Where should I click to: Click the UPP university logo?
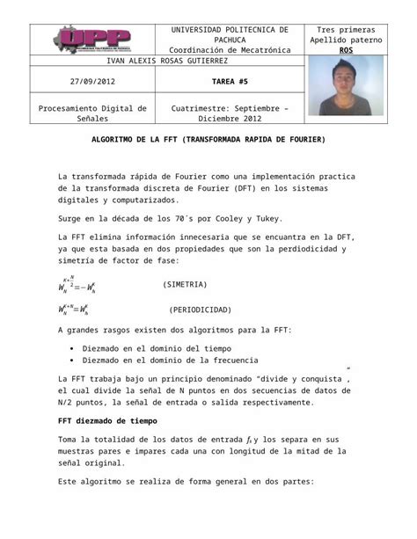point(93,40)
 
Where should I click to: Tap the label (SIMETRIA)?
point(186,285)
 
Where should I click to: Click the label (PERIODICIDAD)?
point(200,310)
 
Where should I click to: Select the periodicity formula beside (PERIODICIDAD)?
point(79,310)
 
